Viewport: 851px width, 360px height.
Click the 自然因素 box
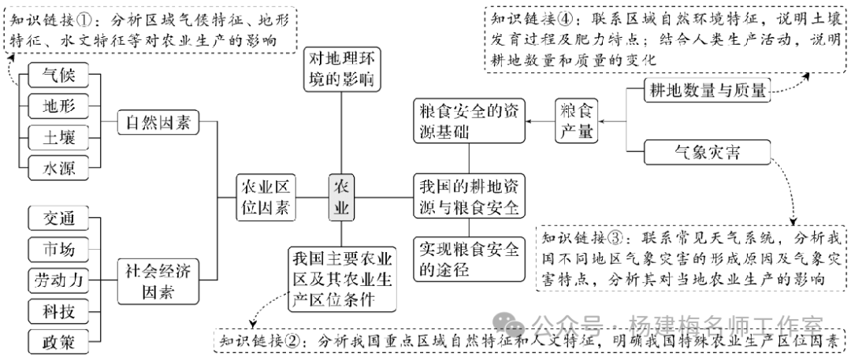[x=158, y=122]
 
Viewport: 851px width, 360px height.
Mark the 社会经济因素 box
[x=158, y=280]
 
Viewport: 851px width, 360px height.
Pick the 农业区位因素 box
[x=266, y=197]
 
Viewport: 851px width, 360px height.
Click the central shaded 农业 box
[x=341, y=197]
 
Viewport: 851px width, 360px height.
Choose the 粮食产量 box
[x=577, y=121]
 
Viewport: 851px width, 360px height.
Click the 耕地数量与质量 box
[x=705, y=91]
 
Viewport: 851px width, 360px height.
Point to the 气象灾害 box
[x=705, y=150]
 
